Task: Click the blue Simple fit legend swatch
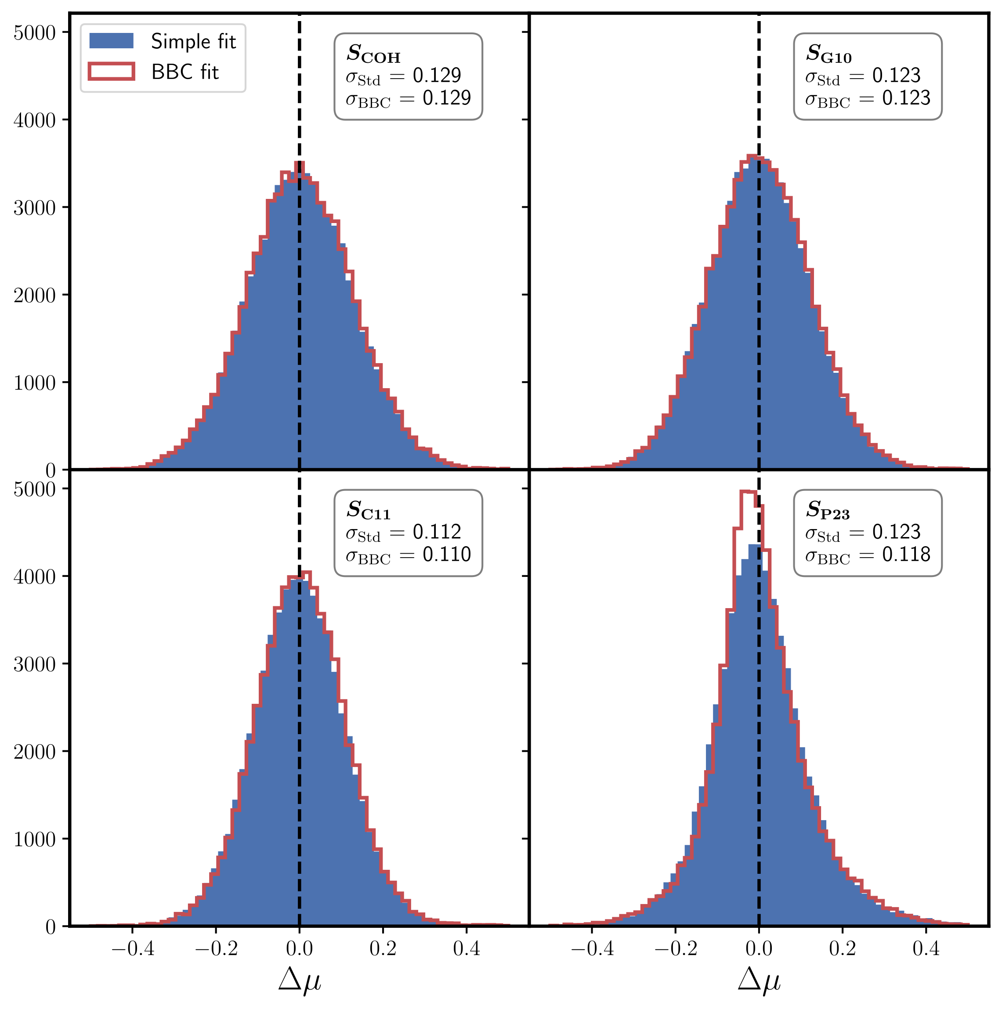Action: (x=111, y=41)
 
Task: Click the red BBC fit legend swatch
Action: (x=111, y=72)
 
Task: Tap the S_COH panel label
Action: (x=373, y=53)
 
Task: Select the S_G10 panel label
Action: (x=828, y=53)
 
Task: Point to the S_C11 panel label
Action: (x=368, y=510)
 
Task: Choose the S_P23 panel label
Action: (x=828, y=510)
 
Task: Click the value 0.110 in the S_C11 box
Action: (x=447, y=555)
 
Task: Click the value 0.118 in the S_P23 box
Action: (x=906, y=555)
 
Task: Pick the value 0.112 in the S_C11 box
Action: (x=437, y=532)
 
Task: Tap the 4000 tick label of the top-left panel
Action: (x=34, y=121)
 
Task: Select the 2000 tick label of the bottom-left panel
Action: (x=34, y=753)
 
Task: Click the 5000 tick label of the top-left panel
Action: (x=34, y=33)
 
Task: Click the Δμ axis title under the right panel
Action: (x=759, y=980)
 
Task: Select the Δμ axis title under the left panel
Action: (x=299, y=980)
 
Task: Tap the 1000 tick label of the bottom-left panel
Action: (x=34, y=840)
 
